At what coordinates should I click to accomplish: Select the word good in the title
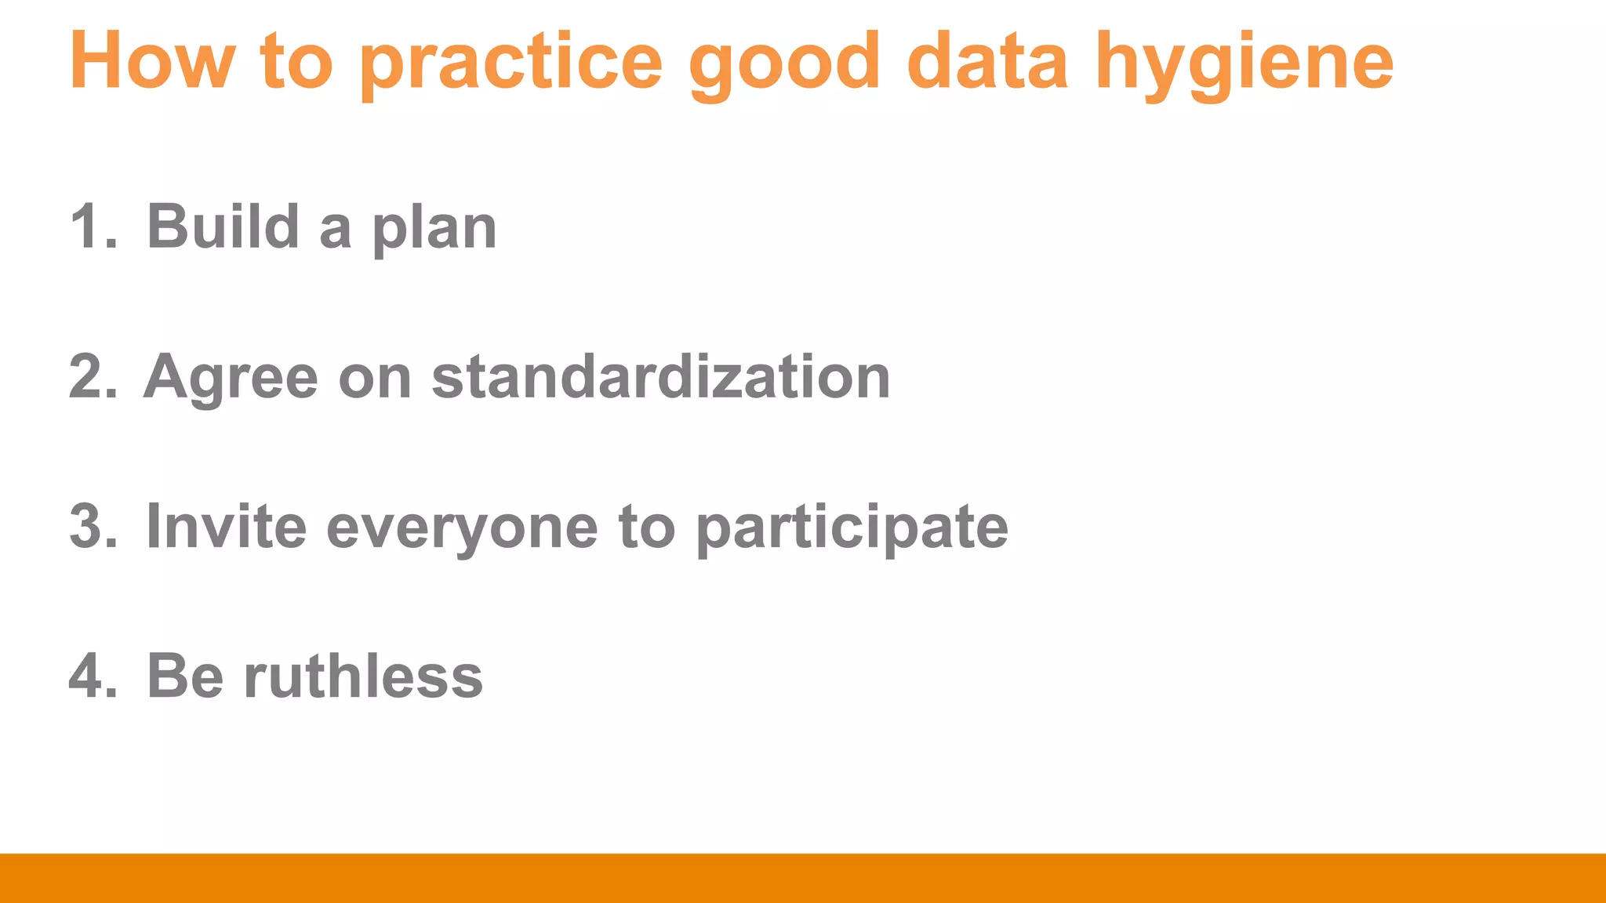coord(784,63)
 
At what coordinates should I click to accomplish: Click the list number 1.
coord(88,227)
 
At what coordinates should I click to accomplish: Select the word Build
coord(223,227)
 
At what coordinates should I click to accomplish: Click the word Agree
coord(231,379)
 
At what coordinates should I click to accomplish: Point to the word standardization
coord(660,377)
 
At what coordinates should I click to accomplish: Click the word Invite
coord(226,527)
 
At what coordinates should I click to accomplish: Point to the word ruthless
coord(363,676)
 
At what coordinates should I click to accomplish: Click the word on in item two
coord(375,379)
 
